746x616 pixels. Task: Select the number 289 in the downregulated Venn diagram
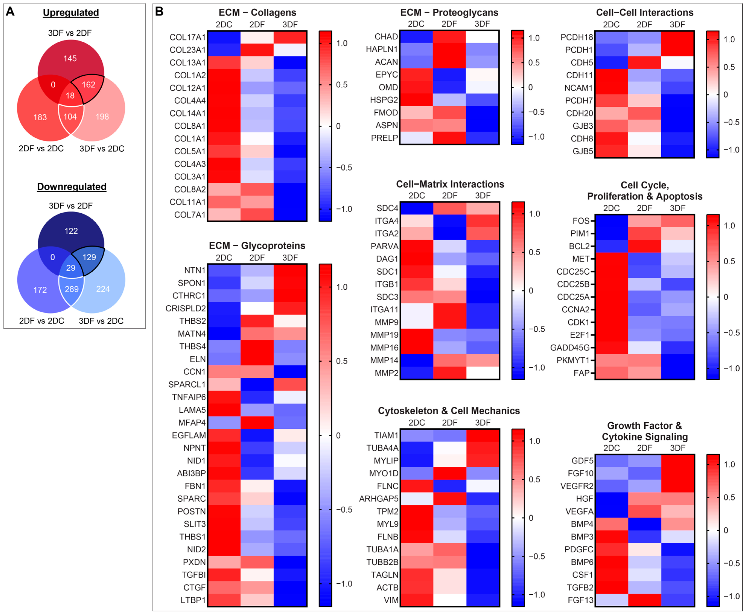[x=72, y=289]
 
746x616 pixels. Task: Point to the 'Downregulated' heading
[x=72, y=187]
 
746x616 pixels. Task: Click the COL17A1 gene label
[x=188, y=37]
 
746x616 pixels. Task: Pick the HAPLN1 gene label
[x=382, y=49]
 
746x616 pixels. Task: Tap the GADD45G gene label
[x=570, y=348]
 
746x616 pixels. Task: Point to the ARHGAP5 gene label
[x=379, y=498]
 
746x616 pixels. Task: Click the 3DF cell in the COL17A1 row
[x=290, y=37]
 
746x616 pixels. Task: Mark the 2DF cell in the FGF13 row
[x=645, y=600]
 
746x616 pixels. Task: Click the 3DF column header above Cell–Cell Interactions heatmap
[x=678, y=24]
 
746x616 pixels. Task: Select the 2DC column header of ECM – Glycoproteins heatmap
[x=224, y=258]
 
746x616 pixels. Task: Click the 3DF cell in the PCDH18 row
[x=678, y=37]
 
